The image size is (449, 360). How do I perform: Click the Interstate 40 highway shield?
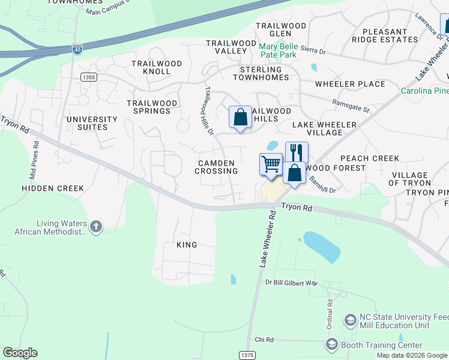77,49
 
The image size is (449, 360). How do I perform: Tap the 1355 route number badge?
88,77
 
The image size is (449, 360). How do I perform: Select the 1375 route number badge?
247,355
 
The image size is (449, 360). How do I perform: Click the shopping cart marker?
271,164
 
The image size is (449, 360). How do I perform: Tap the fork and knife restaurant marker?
296,152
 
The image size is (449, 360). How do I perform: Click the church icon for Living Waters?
96,226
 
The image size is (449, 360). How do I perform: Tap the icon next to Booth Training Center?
331,344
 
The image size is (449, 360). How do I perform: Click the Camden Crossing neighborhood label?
216,167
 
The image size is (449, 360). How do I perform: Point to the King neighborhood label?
187,245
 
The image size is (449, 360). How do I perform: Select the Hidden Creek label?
53,188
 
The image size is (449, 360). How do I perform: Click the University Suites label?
88,123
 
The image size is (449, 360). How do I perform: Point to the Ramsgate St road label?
351,106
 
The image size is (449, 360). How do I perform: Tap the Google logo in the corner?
20,353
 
